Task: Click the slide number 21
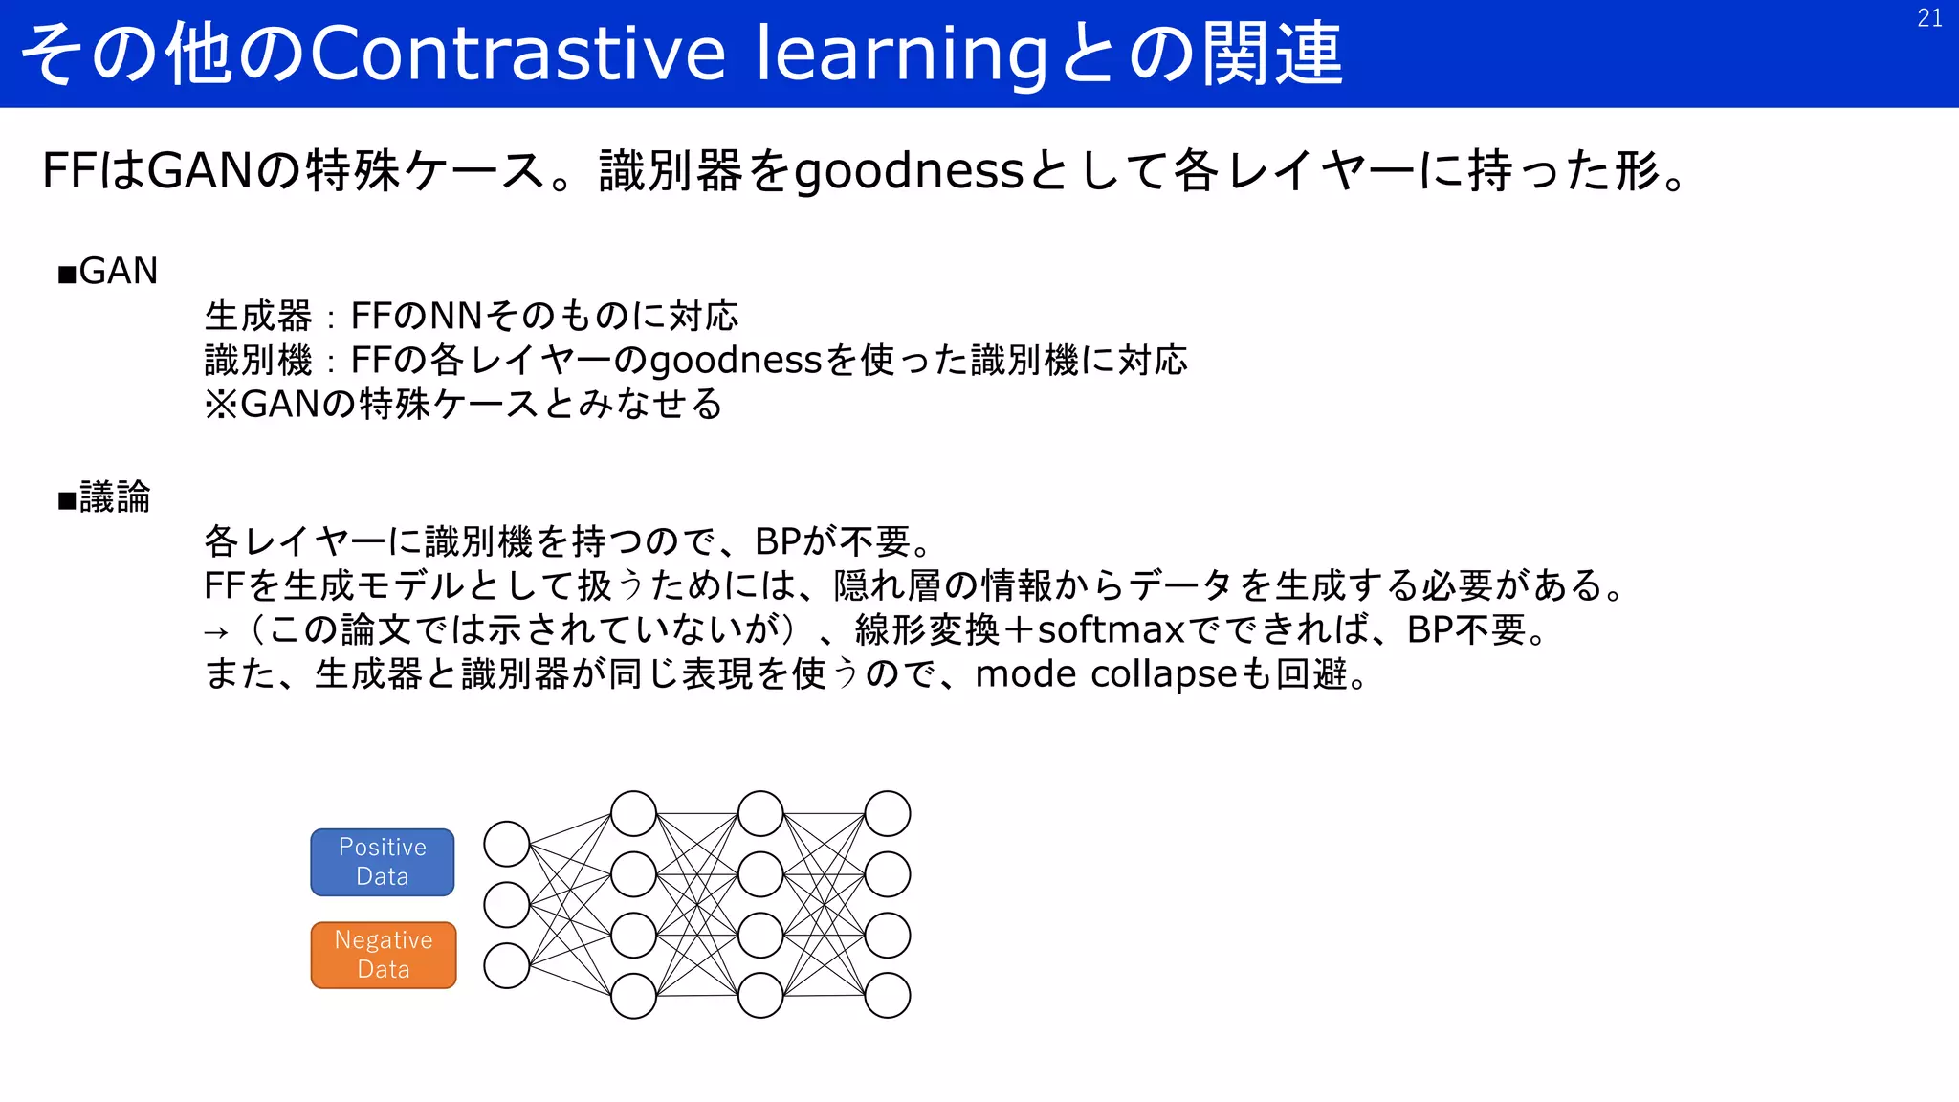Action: point(1929,18)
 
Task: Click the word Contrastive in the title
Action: point(517,53)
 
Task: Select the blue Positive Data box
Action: point(383,862)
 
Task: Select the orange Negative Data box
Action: point(384,955)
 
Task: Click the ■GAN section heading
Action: point(108,272)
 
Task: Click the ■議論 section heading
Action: point(104,497)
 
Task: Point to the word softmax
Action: point(1111,630)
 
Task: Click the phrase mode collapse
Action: point(1107,674)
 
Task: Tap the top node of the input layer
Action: point(507,844)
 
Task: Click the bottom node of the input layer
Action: point(507,965)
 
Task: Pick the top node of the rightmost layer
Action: point(888,814)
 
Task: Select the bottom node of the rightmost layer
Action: point(888,996)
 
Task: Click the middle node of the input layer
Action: point(507,905)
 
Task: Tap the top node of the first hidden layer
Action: point(633,814)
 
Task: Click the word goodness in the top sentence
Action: point(910,172)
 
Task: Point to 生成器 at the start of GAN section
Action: point(258,316)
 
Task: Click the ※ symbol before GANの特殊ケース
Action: point(220,405)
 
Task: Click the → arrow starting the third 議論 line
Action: point(216,632)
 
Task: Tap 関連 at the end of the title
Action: point(1271,53)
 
